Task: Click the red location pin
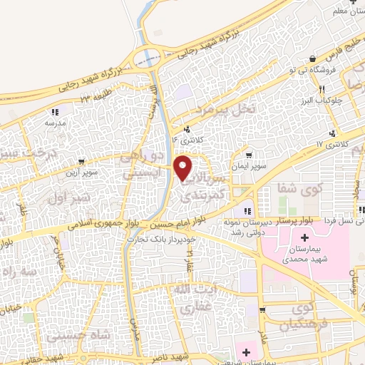[183, 167]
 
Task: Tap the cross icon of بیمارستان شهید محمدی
[305, 237]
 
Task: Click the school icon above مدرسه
[55, 111]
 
